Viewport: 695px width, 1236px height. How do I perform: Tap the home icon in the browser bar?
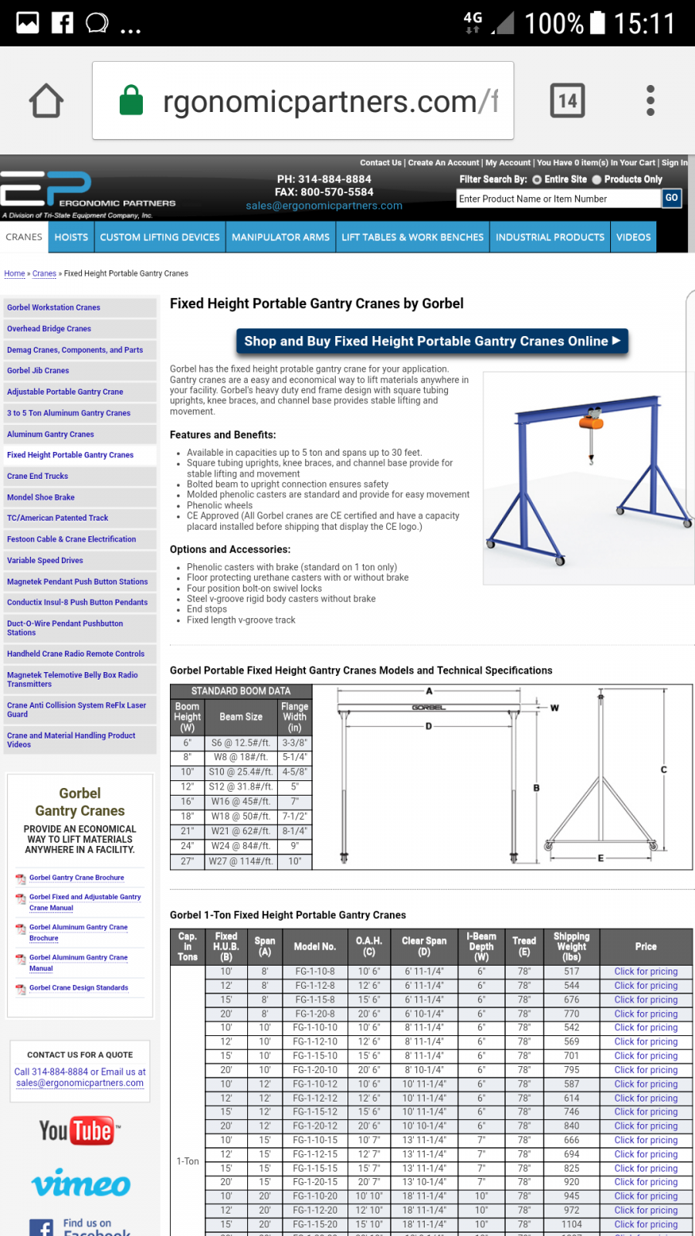(46, 100)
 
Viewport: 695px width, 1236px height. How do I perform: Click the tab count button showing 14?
(568, 100)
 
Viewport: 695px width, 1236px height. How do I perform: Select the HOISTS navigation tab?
(71, 237)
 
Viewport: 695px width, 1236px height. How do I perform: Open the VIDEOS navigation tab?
(633, 237)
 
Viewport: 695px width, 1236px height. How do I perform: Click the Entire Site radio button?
(537, 179)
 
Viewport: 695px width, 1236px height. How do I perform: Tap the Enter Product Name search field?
(558, 199)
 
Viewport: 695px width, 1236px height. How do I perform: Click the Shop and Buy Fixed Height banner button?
(432, 341)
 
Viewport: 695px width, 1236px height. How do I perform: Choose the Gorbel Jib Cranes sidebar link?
(38, 371)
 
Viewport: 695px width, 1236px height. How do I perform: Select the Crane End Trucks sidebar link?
(37, 476)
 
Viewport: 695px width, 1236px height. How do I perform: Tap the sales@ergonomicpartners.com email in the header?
(324, 205)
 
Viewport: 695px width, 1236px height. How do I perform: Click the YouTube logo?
(80, 1131)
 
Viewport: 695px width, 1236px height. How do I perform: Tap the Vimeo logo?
(80, 1184)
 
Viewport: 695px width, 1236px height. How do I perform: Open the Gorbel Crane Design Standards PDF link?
(78, 988)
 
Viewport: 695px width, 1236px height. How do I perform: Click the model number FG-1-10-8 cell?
(315, 972)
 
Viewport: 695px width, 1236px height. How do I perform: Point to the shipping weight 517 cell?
(571, 972)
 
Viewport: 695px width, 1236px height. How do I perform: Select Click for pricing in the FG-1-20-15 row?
(646, 1182)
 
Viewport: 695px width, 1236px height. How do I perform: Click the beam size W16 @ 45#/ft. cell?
(241, 801)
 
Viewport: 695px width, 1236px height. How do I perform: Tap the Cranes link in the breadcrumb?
(44, 273)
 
